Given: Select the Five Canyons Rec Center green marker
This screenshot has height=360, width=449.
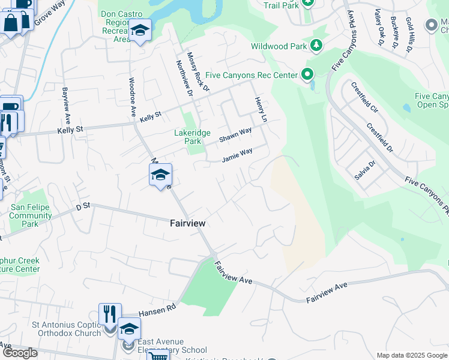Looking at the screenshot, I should point(307,75).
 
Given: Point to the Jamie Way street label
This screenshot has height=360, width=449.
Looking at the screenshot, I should point(237,156).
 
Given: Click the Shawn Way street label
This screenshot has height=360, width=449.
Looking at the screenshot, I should point(235,135).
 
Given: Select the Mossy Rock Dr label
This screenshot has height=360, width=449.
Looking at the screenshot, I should point(197,71).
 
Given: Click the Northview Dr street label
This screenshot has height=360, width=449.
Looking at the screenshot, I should point(183,78).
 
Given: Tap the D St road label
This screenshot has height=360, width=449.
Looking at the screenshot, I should point(82,206).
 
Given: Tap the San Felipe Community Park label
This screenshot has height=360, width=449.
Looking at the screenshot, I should point(31,216).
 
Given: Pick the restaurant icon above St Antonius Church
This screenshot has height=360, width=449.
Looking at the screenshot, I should point(109,313).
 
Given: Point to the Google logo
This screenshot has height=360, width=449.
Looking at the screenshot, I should point(20,353).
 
